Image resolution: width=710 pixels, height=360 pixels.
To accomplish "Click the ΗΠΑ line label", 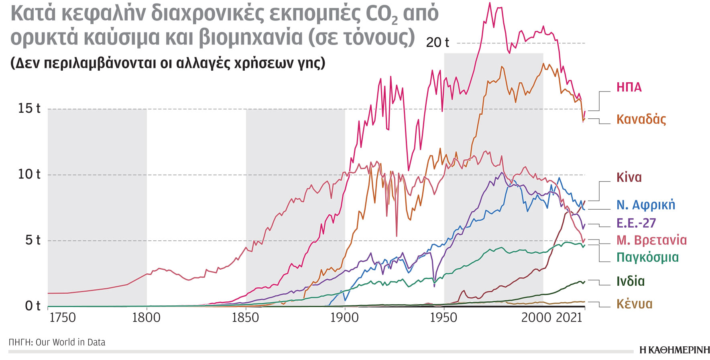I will point(629,87).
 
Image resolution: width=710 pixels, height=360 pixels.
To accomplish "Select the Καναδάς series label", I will point(641,119).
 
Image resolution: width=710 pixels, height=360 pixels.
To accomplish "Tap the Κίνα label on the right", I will point(629,177).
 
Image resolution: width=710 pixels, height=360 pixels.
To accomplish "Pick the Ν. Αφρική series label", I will point(645,205).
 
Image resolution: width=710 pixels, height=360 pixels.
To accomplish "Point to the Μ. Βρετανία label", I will point(651,240).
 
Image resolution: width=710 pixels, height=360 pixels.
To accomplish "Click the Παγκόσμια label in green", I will point(647,257).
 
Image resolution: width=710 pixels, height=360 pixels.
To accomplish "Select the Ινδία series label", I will point(631,281).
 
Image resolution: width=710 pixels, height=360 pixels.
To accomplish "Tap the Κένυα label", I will point(634,304).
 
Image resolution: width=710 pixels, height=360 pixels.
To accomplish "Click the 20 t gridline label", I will point(437,42).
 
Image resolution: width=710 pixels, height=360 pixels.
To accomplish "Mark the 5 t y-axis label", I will point(33,240).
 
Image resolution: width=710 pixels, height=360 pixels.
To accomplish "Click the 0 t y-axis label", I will point(33,306).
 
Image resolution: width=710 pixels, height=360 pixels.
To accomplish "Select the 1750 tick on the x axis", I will point(62,317).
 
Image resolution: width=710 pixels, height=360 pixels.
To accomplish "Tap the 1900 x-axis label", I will point(344,317).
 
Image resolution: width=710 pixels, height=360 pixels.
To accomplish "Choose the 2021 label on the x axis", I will point(569,317).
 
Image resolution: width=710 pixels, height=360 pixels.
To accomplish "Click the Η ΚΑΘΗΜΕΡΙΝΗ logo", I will point(674,350).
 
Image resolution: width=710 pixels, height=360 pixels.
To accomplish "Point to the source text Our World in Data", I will point(70,342).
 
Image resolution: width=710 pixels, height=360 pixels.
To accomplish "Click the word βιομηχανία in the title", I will point(251,37).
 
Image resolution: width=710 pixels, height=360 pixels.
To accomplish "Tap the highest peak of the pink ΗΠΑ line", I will point(489,3).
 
